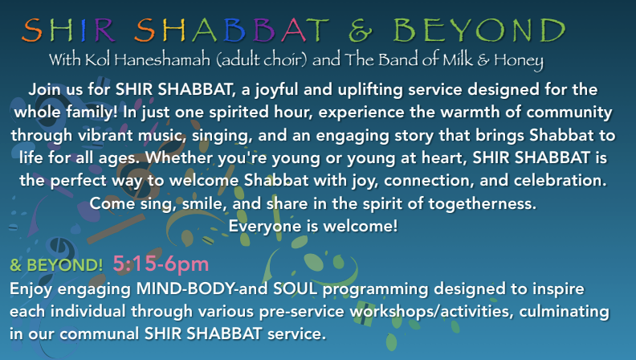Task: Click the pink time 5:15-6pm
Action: coord(161,264)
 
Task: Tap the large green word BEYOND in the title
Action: coord(479,31)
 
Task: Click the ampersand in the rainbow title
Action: coord(361,31)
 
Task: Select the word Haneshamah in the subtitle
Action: coord(162,59)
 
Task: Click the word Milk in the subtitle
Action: coord(458,59)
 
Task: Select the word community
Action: coord(569,112)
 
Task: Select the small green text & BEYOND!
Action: coord(56,265)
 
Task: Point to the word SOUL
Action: coord(296,288)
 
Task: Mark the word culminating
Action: coord(565,312)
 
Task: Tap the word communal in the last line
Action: coord(100,333)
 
